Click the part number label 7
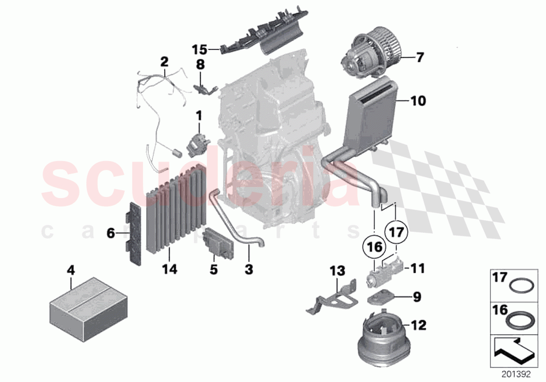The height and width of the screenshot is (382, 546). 419,57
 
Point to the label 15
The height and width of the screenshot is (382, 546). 199,50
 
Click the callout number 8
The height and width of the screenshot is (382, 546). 200,65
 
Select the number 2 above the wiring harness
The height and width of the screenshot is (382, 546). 164,62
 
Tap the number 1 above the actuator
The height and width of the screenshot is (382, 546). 199,114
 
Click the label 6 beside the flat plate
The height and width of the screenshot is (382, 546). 110,234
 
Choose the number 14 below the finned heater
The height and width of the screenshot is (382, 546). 169,269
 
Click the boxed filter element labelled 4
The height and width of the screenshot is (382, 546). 78,308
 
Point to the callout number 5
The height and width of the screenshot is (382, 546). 214,270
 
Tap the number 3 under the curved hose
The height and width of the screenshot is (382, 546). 249,269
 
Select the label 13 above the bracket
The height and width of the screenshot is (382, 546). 337,270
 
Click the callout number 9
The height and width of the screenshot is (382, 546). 417,298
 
